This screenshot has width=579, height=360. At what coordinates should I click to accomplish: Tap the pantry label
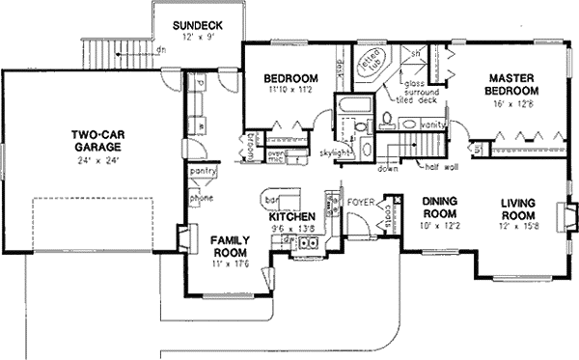[202, 171]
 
